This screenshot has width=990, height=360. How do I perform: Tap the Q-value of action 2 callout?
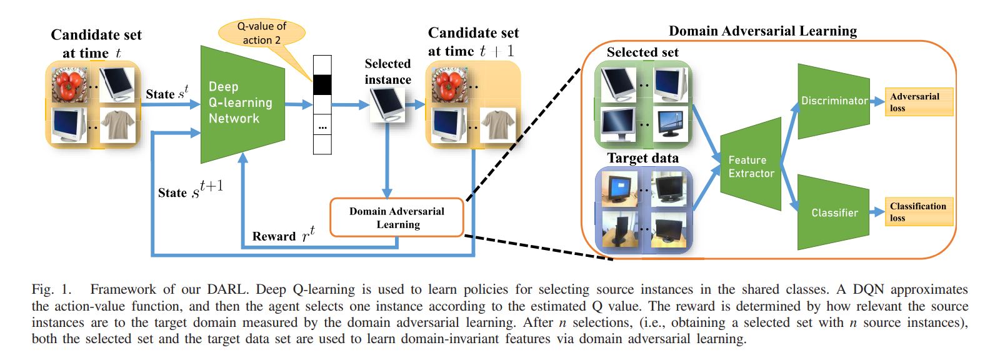point(262,33)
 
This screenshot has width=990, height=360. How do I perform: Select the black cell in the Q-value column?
point(322,84)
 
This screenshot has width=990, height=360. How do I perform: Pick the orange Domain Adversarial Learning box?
point(397,217)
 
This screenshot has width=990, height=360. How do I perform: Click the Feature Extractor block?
point(751,166)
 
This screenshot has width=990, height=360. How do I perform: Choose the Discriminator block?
point(834,101)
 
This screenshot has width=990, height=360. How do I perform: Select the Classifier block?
point(834,212)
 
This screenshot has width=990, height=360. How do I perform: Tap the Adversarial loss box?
point(918,102)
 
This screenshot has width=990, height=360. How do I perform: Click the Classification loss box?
point(918,212)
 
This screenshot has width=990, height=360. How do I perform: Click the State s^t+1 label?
point(191,191)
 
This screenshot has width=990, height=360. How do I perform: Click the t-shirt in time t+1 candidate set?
point(497,126)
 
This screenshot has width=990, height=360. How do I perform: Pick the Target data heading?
point(642,158)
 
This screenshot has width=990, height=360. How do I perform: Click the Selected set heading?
point(642,52)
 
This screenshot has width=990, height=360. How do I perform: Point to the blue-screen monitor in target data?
point(619,188)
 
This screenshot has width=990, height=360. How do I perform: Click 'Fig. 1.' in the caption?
point(52,289)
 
